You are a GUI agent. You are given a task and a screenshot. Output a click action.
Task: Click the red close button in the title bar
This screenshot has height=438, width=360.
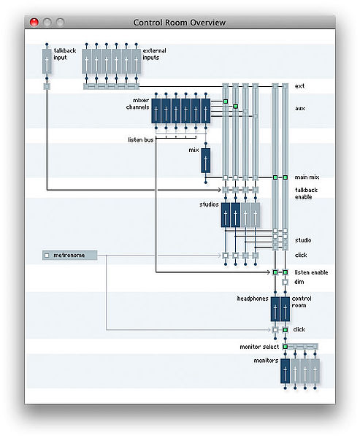click(34, 22)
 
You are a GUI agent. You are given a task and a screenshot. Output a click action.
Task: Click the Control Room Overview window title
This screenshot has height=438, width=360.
click(180, 23)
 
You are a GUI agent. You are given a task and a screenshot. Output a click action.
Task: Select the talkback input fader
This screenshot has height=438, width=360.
click(47, 61)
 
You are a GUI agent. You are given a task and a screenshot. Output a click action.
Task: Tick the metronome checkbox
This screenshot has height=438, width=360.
click(47, 255)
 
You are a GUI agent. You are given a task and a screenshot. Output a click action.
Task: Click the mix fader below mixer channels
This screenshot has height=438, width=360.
click(206, 161)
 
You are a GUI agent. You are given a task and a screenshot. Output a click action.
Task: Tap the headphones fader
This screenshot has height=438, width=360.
click(275, 310)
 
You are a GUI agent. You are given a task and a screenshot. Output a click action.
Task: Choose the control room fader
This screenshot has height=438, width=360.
click(285, 310)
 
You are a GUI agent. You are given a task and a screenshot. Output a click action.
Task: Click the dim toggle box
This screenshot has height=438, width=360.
click(285, 282)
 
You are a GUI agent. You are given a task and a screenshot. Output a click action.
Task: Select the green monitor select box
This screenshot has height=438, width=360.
click(285, 347)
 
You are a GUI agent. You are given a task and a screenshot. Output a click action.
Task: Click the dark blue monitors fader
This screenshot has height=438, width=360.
click(285, 371)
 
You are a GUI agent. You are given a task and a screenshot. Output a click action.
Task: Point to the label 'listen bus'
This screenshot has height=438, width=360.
click(141, 139)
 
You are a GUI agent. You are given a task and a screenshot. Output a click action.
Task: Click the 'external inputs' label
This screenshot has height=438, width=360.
click(154, 54)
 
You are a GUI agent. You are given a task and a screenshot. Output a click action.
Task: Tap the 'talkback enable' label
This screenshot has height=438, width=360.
click(307, 193)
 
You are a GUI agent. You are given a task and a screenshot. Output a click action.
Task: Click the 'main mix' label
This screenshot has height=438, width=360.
click(307, 177)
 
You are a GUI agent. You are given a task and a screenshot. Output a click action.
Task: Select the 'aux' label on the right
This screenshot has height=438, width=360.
click(300, 108)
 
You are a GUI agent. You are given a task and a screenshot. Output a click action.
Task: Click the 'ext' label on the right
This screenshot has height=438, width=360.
click(299, 86)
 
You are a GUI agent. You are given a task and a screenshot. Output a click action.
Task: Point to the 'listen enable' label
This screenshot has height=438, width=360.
click(311, 272)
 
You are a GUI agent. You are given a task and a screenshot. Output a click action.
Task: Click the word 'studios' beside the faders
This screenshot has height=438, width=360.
click(209, 204)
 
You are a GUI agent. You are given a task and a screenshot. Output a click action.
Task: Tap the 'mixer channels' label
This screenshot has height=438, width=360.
click(137, 104)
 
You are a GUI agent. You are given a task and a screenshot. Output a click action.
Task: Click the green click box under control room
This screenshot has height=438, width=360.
click(285, 330)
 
